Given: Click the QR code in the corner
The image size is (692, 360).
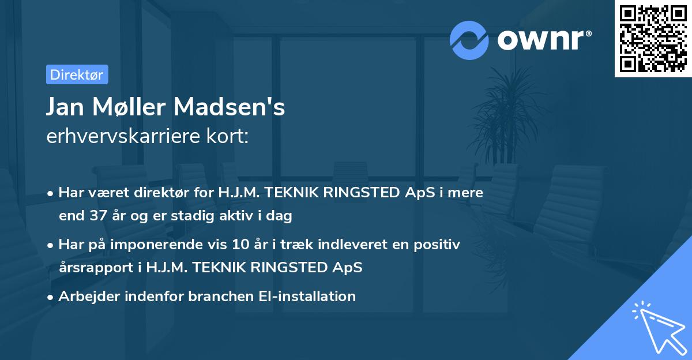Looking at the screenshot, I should pos(653,38).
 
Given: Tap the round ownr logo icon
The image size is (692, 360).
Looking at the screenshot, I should pos(469,39).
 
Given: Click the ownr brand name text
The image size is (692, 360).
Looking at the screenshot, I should pos(544,39).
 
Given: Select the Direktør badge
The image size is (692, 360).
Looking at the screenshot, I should pos(77,74).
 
